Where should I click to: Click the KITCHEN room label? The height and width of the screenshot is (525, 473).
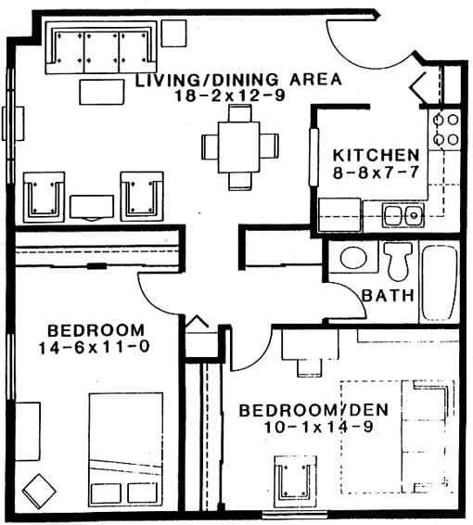point(377,155)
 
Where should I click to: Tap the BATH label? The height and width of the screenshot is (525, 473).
point(388,295)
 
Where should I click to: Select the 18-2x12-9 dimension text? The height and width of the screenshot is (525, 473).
point(230,96)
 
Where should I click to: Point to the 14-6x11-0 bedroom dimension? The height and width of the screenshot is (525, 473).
point(94,347)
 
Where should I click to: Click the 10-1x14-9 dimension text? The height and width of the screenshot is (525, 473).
point(319,427)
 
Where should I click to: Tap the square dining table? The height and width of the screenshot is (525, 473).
point(239,147)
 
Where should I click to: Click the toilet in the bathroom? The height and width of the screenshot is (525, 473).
point(398,262)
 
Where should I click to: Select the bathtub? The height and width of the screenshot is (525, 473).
point(440,283)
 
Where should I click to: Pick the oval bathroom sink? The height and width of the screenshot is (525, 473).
point(353,258)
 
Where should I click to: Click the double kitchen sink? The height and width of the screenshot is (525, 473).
point(403,215)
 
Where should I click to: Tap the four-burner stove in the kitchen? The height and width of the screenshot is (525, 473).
point(444,130)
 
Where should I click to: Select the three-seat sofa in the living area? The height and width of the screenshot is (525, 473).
point(101,47)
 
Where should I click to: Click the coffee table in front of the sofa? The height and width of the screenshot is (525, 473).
point(102,92)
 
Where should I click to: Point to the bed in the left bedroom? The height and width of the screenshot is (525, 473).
point(126,450)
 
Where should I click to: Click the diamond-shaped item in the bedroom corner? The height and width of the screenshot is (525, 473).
point(39,492)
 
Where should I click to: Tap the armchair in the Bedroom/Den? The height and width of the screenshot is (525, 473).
point(295,481)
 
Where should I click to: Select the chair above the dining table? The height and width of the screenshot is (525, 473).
point(240,113)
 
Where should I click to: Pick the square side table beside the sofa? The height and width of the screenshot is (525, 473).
point(173,32)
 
